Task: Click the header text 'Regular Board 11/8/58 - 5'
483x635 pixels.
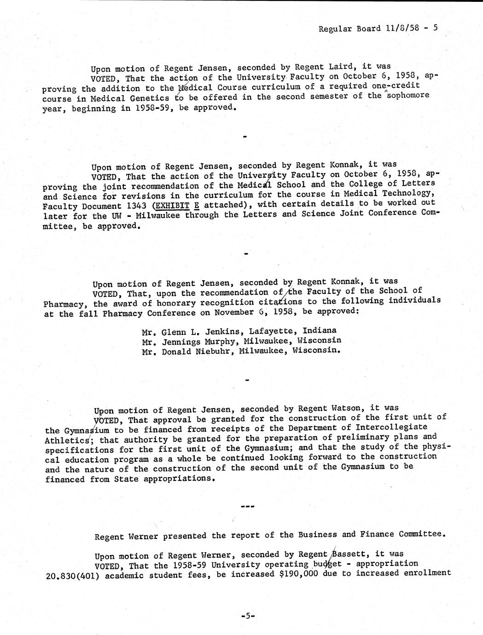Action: (378, 28)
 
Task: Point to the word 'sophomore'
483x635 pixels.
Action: (407, 96)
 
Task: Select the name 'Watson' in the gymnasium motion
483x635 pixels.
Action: (349, 408)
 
